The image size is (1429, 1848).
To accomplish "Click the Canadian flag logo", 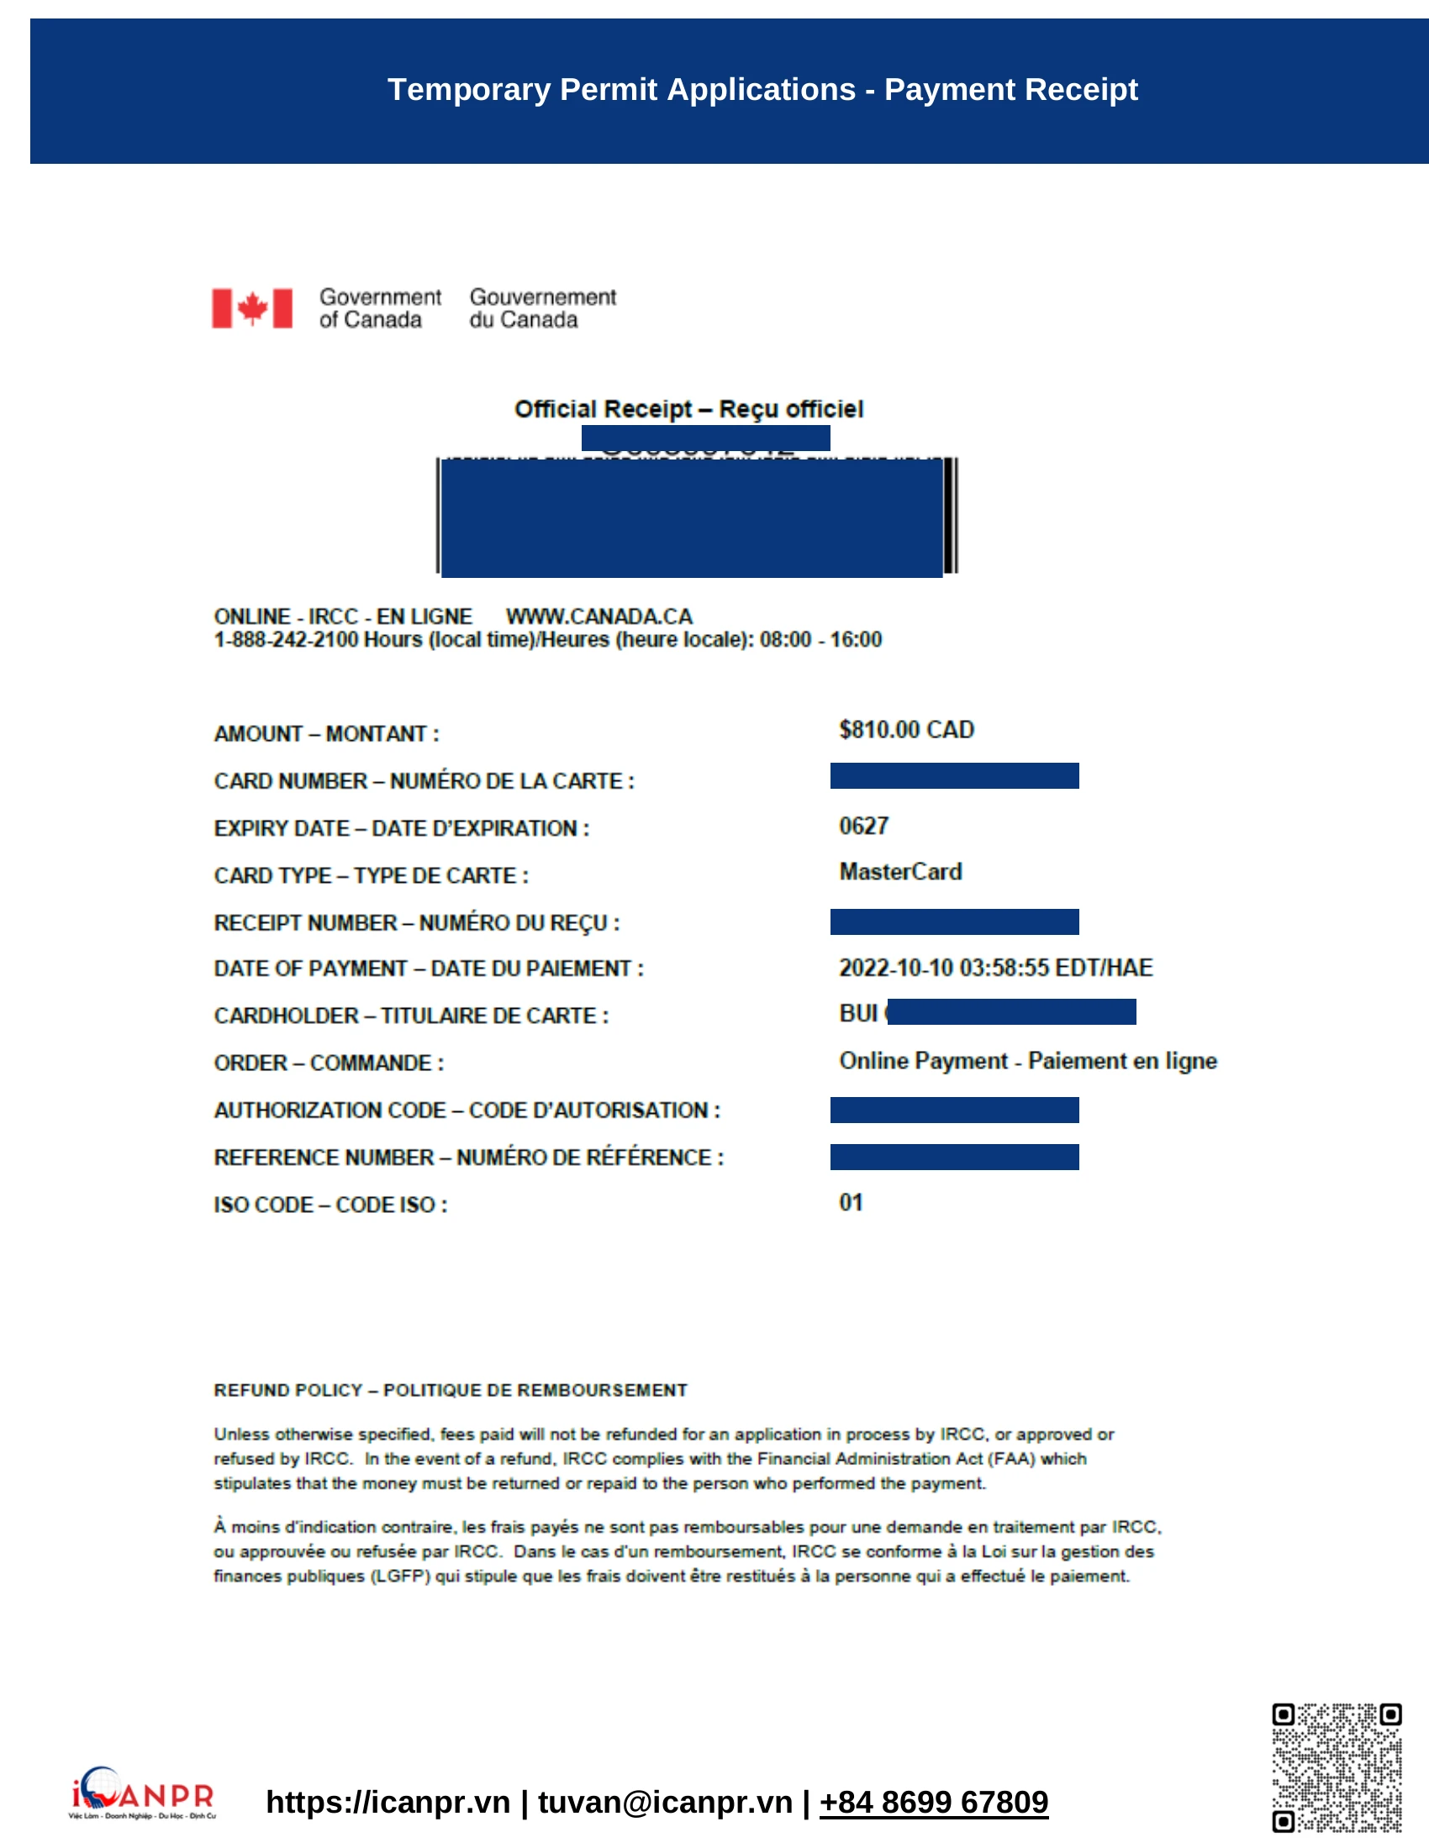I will pos(251,308).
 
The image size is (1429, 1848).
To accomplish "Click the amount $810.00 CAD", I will pos(906,729).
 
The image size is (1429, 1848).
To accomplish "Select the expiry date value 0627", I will pos(863,826).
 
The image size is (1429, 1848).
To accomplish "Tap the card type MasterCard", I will pos(900,872).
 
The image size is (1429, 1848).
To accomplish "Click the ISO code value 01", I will pos(851,1202).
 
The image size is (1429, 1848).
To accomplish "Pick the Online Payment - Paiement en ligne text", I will pos(1027,1061).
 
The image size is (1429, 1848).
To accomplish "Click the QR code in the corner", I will pos(1336,1767).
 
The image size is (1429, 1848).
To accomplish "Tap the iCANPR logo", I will pos(142,1793).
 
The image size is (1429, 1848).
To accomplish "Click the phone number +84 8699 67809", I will pos(933,1803).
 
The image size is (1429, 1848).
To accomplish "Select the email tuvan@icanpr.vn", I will pos(665,1803).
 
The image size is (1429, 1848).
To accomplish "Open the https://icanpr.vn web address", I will pos(388,1803).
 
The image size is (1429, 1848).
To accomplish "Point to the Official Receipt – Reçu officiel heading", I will pos(688,410).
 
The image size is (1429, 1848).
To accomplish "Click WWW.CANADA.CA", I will pos(598,616).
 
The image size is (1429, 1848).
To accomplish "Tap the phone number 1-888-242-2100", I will pos(285,640).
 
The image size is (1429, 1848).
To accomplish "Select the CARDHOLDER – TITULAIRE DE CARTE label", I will pos(410,1016).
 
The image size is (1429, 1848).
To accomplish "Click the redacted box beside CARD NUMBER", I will pos(954,776).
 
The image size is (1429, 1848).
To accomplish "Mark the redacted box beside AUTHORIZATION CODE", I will pos(954,1110).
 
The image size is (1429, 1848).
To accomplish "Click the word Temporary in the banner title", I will pos(468,90).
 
